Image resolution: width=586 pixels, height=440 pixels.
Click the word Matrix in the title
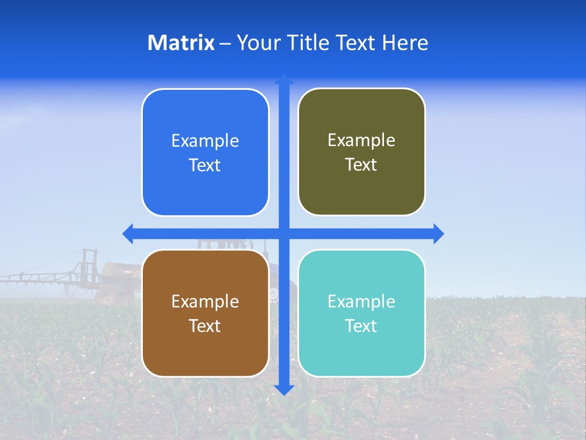pyautogui.click(x=181, y=43)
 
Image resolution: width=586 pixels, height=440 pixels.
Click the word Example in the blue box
pyautogui.click(x=205, y=141)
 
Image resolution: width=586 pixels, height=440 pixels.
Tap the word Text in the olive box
pyautogui.click(x=361, y=165)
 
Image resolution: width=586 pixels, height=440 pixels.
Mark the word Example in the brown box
pyautogui.click(x=205, y=301)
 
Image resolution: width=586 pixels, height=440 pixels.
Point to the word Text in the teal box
pyautogui.click(x=361, y=326)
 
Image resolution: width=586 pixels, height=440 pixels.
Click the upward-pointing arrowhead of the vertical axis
pyautogui.click(x=283, y=79)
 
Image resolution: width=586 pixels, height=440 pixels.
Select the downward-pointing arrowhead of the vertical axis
pyautogui.click(x=283, y=391)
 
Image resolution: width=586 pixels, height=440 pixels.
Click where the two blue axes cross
pyautogui.click(x=283, y=233)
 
